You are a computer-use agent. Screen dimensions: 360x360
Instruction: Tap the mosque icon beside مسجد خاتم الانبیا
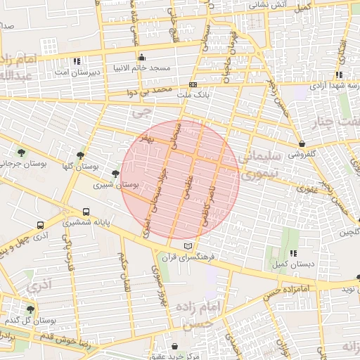pos(141,57)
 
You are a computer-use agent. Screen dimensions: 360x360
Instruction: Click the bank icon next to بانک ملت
pos(193,84)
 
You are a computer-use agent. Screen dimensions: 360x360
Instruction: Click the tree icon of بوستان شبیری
pos(115,173)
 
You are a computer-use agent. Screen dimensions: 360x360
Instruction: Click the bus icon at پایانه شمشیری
pos(86,212)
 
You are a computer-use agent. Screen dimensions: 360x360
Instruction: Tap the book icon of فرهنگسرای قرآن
pos(186,245)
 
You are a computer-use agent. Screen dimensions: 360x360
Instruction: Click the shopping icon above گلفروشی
pos(302,143)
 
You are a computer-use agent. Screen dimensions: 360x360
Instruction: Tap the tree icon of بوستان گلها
pos(81,155)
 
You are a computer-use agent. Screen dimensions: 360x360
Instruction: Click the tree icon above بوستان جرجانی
pos(21,153)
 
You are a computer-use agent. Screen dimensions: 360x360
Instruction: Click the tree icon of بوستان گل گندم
pos(30,309)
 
